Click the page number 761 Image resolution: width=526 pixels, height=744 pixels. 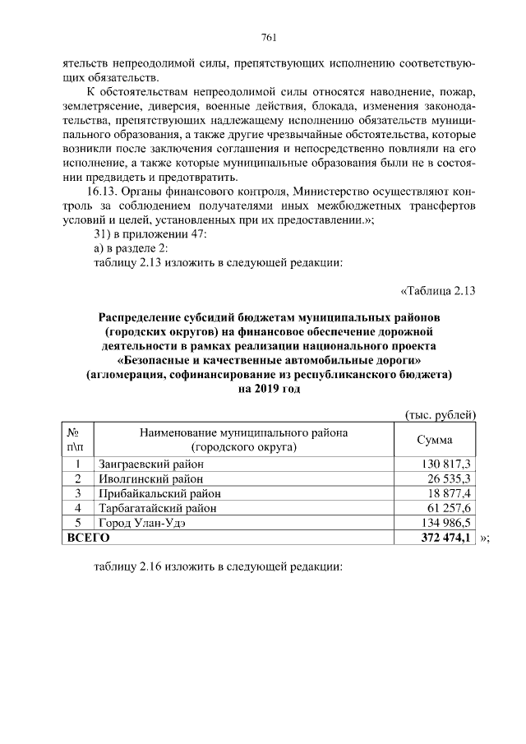pos(268,37)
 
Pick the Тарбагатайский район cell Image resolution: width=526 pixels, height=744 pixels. pos(157,508)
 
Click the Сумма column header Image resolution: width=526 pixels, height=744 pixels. pos(436,440)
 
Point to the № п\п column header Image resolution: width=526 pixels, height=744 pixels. pos(76,440)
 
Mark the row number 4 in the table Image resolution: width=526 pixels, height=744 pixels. pos(76,508)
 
